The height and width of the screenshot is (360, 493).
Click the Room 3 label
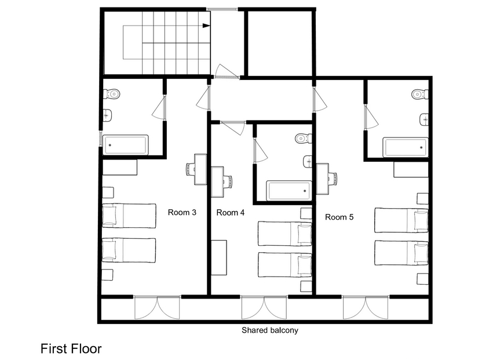pyautogui.click(x=182, y=212)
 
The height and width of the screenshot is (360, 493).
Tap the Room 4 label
pyautogui.click(x=231, y=213)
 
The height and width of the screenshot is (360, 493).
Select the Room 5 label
pyautogui.click(x=339, y=217)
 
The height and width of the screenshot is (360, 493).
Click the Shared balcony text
pyautogui.click(x=270, y=330)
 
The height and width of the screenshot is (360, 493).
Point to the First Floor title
pyautogui.click(x=71, y=348)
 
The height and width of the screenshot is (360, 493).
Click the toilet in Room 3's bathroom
pyautogui.click(x=112, y=93)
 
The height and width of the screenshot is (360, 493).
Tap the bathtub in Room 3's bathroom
pyautogui.click(x=126, y=145)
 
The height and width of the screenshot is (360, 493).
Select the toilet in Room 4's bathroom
pyautogui.click(x=304, y=138)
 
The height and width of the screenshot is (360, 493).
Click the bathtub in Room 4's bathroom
pyautogui.click(x=289, y=191)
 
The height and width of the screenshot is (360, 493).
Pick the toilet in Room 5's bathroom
pyautogui.click(x=420, y=94)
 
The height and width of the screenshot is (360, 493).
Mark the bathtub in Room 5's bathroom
pyautogui.click(x=406, y=147)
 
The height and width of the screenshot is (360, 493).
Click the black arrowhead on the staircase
pyautogui.click(x=206, y=26)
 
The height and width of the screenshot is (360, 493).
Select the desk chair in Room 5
pyautogui.click(x=333, y=179)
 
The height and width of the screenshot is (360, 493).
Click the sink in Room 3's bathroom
pyautogui.click(x=107, y=115)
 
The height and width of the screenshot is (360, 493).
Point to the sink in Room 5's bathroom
pyautogui.click(x=424, y=119)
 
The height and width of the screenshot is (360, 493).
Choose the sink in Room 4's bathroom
pyautogui.click(x=308, y=162)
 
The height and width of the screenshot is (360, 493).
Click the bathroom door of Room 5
pyautogui.click(x=371, y=117)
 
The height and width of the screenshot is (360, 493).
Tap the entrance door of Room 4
pyautogui.click(x=233, y=128)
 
